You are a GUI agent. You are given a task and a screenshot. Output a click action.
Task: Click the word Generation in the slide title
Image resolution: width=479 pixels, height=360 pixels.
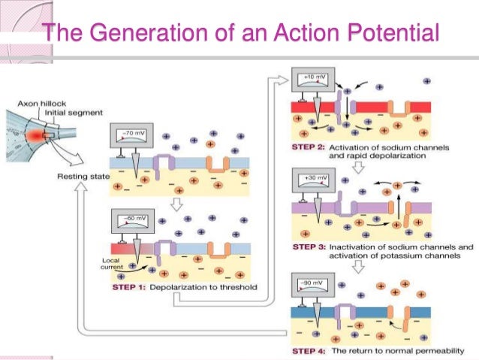coord(125,33)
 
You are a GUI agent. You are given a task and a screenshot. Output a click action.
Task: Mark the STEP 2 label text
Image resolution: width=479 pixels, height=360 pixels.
coord(307,148)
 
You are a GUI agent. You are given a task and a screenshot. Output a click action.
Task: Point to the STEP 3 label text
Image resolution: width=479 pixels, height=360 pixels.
coord(307,247)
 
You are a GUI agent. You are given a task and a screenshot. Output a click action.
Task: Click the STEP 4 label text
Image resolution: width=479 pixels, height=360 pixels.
coord(307,351)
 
